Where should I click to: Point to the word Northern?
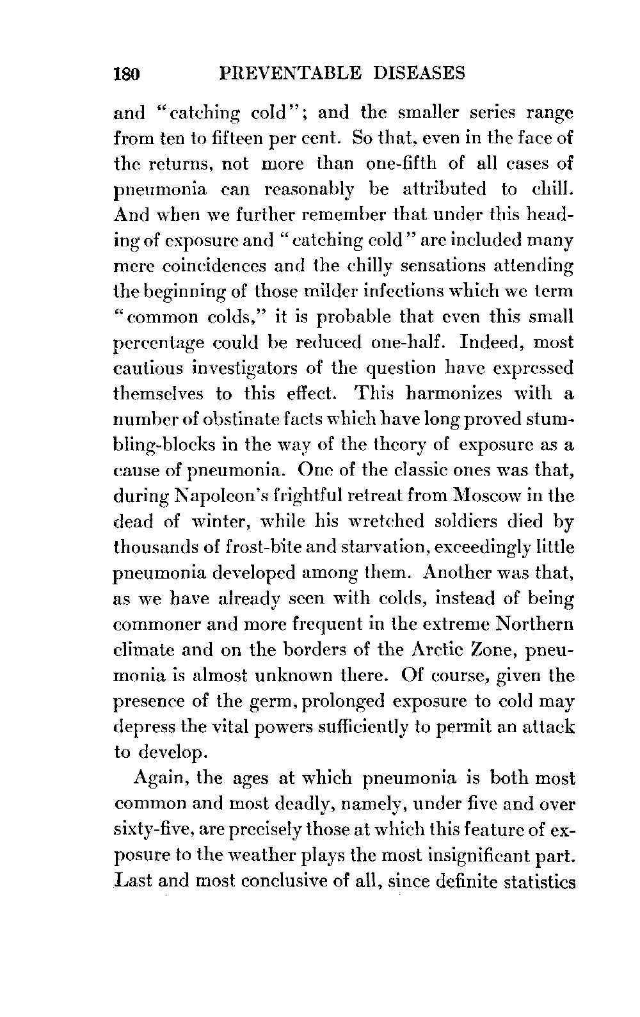point(534,624)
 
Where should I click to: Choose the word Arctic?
point(436,650)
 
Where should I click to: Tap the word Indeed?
point(481,342)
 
